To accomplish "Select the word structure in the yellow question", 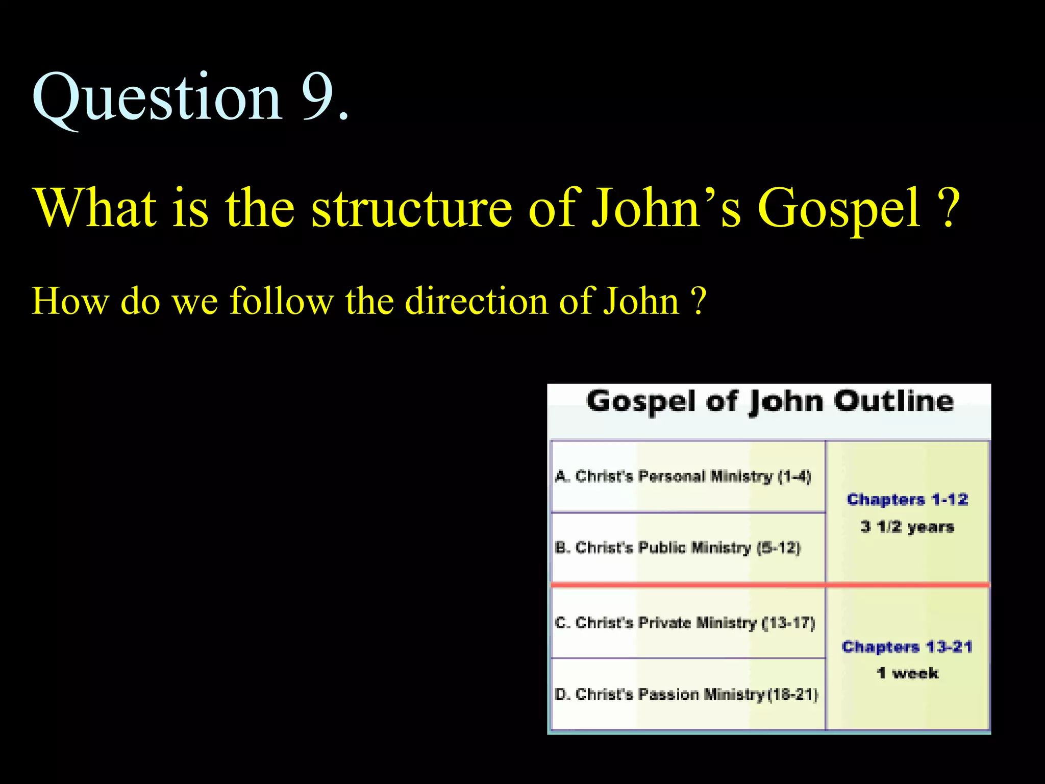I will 411,208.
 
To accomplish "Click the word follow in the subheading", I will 282,301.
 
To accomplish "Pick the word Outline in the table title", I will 893,402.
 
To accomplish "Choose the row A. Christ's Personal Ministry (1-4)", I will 683,476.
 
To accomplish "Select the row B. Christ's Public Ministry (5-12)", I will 678,548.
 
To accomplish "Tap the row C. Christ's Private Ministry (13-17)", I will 685,623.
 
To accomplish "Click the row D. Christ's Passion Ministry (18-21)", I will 686,694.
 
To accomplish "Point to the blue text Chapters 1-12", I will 907,499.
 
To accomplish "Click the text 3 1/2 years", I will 907,526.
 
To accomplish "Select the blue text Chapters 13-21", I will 907,647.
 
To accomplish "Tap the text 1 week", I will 907,673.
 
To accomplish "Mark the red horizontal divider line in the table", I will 769,584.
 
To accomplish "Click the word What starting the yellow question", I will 95,208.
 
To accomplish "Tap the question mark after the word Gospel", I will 948,208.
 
